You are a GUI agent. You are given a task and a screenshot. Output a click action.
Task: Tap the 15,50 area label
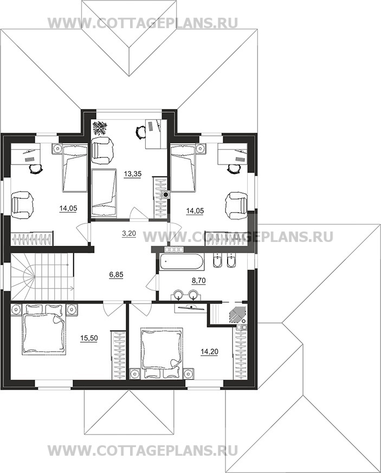coord(89,338)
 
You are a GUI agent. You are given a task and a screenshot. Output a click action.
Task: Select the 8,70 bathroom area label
coord(199,281)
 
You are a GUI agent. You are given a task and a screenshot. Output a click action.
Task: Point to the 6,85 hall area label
coord(117,274)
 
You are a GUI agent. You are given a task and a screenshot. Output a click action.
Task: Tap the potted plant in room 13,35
coord(99,128)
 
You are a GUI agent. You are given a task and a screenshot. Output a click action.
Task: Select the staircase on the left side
coord(42,276)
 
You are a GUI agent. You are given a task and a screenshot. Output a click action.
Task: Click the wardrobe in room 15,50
coord(118,356)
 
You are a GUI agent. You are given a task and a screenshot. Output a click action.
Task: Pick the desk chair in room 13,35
coord(140,132)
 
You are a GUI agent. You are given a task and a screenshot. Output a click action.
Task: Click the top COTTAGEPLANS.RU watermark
coord(143,23)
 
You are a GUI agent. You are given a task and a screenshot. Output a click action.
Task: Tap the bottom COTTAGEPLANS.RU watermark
coord(143,451)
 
